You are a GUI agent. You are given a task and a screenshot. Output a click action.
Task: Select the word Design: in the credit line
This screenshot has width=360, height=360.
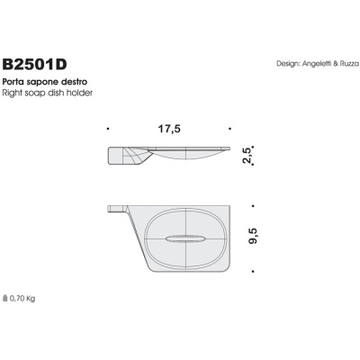point(290,65)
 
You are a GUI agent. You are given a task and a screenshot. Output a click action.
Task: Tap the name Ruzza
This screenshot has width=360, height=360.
point(350,65)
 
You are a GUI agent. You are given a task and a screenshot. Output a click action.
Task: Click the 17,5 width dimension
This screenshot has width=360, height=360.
point(170,130)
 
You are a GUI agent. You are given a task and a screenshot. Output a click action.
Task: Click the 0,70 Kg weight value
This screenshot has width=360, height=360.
point(23,297)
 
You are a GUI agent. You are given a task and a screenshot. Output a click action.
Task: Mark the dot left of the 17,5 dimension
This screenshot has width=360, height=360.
point(107,130)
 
